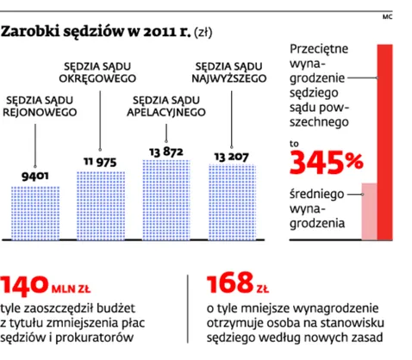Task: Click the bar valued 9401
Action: point(35,213)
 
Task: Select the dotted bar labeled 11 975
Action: point(101,206)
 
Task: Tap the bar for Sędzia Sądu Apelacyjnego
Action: point(166,200)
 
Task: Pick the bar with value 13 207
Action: point(232,202)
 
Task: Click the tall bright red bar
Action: point(384,142)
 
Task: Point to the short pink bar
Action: point(369,211)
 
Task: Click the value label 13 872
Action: point(166,152)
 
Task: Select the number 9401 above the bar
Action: point(35,176)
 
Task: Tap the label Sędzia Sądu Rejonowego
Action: point(40,106)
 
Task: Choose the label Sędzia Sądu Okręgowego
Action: point(97,72)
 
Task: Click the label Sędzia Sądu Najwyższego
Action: point(229,72)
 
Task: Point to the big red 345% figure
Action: point(326,163)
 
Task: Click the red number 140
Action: point(24,285)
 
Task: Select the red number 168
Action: point(230,283)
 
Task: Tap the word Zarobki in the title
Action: point(30,32)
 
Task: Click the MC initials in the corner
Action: point(387,17)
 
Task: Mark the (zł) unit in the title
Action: point(203,33)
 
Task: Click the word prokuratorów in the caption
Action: point(94,338)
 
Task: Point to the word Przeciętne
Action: point(319,49)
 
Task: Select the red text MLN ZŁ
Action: point(71,289)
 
